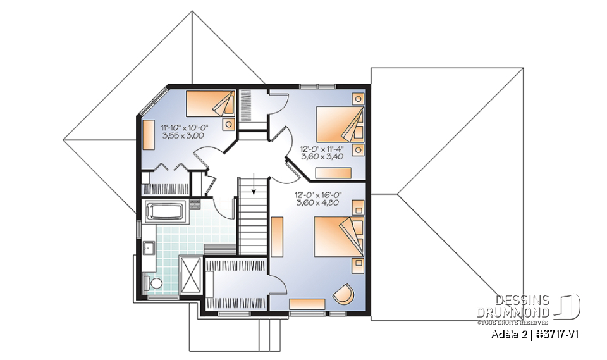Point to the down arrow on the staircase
(x=254, y=186)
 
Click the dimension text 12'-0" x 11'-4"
(x=326, y=149)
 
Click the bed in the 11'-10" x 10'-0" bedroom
(x=211, y=102)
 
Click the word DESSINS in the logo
(x=522, y=301)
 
